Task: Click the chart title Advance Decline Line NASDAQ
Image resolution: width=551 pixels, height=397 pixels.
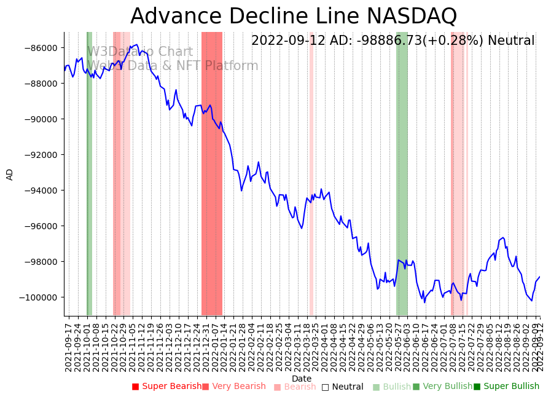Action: (x=294, y=16)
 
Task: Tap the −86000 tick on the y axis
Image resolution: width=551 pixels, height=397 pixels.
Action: (x=40, y=48)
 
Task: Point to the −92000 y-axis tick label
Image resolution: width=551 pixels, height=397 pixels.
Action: (x=40, y=155)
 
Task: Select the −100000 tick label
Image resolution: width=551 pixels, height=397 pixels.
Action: (x=37, y=297)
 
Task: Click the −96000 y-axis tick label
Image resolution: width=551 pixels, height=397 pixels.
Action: (x=40, y=226)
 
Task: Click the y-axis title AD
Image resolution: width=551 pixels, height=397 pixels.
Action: (x=10, y=174)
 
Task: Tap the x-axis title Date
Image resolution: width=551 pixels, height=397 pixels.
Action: (x=302, y=379)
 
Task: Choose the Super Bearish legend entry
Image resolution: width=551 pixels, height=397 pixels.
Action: (x=167, y=387)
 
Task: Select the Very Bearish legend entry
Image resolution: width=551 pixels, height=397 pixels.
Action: (x=234, y=387)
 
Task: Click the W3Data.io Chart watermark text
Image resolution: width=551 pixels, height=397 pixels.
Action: (x=140, y=52)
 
